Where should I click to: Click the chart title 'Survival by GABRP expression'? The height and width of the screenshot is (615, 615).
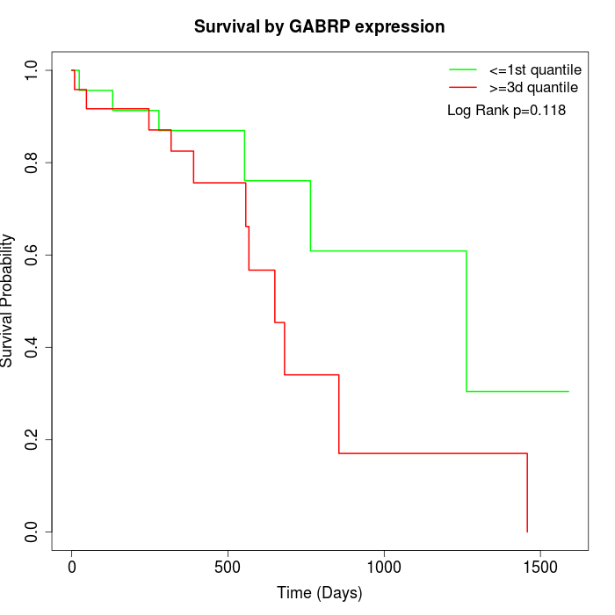click(x=319, y=26)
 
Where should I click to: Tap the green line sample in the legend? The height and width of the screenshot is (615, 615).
click(x=462, y=69)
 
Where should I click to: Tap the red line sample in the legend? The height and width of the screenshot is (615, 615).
click(x=462, y=88)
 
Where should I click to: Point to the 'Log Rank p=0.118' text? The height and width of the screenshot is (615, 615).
click(x=506, y=111)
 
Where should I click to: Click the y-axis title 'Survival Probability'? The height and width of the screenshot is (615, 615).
click(x=9, y=300)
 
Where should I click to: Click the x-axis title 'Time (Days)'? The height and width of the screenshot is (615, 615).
click(x=319, y=593)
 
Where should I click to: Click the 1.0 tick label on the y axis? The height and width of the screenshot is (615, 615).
click(x=32, y=70)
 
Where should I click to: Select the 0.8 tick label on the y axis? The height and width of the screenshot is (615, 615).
click(x=32, y=163)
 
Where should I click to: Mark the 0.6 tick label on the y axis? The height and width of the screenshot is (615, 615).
click(x=32, y=255)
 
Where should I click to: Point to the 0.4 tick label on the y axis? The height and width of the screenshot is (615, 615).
click(x=32, y=347)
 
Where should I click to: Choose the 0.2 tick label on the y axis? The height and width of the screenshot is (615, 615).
click(x=32, y=439)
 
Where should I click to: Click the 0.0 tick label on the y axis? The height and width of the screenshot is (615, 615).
click(x=32, y=532)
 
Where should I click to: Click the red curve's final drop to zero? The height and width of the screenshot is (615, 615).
click(x=527, y=493)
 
